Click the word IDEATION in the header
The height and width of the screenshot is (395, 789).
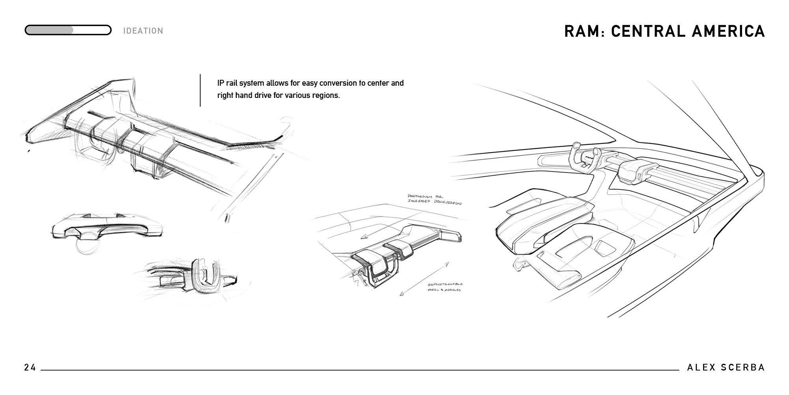click(143, 31)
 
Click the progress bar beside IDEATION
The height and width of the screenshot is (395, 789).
click(68, 30)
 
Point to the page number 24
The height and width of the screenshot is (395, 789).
click(30, 368)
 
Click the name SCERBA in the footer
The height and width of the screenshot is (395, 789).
click(743, 368)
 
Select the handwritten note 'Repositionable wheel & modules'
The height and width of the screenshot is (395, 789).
click(445, 287)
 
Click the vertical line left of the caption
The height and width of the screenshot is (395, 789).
click(200, 90)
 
